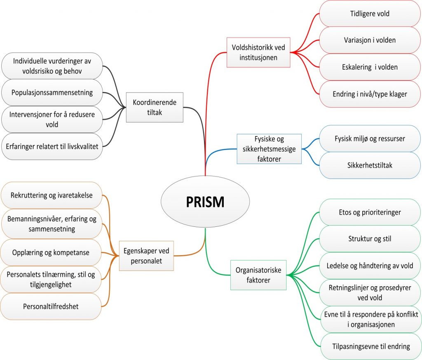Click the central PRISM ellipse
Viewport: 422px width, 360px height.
click(x=205, y=202)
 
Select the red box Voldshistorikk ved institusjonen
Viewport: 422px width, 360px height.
click(x=258, y=52)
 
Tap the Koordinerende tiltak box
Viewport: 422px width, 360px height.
click(x=155, y=107)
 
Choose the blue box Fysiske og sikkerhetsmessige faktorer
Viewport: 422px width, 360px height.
click(x=269, y=148)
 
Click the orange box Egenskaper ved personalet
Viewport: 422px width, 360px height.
click(x=146, y=256)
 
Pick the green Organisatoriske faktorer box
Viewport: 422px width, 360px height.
click(x=258, y=275)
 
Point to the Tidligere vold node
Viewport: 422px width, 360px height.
click(x=370, y=14)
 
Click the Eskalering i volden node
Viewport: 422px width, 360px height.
click(x=370, y=67)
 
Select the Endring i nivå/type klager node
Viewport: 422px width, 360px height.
click(x=370, y=94)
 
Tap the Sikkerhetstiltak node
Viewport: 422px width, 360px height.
click(x=370, y=165)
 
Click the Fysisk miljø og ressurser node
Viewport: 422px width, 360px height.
click(x=370, y=139)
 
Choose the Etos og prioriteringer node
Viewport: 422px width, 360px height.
click(x=370, y=212)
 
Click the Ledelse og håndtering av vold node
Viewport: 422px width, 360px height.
click(x=370, y=266)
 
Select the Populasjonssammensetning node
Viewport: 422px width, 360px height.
click(x=52, y=92)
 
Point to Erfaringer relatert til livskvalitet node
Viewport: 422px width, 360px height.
click(x=52, y=146)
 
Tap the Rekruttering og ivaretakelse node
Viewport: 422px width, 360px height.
click(x=51, y=195)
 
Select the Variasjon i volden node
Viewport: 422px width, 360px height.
click(x=370, y=40)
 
